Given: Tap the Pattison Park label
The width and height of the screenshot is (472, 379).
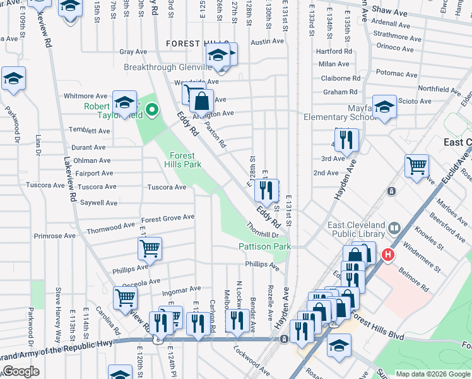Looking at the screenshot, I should [x=264, y=246].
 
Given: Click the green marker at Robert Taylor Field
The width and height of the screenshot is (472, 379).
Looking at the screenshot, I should [x=151, y=111].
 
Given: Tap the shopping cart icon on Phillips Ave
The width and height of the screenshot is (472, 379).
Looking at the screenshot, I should [x=150, y=249].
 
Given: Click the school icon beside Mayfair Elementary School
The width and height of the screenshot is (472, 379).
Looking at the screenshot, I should [x=384, y=107].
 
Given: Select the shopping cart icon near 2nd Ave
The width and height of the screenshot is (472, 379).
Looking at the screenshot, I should [x=416, y=167].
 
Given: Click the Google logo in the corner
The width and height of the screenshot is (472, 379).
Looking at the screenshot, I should [x=20, y=371].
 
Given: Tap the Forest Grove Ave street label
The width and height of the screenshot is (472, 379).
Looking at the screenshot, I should [x=167, y=217].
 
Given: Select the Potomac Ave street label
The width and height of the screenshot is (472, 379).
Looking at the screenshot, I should [x=397, y=74].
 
